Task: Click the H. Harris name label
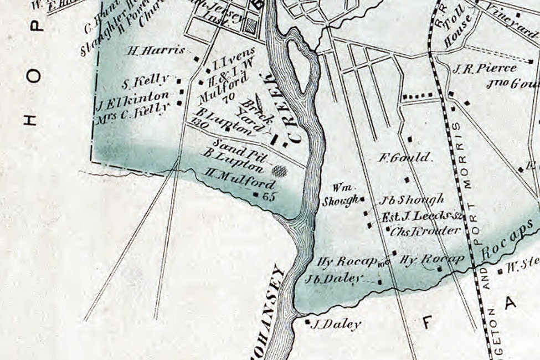click(156, 50)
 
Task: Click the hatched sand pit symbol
click(280, 170)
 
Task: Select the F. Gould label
click(404, 158)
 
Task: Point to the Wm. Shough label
click(341, 195)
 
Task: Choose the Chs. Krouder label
click(425, 231)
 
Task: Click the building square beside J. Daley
click(308, 321)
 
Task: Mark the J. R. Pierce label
click(484, 69)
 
